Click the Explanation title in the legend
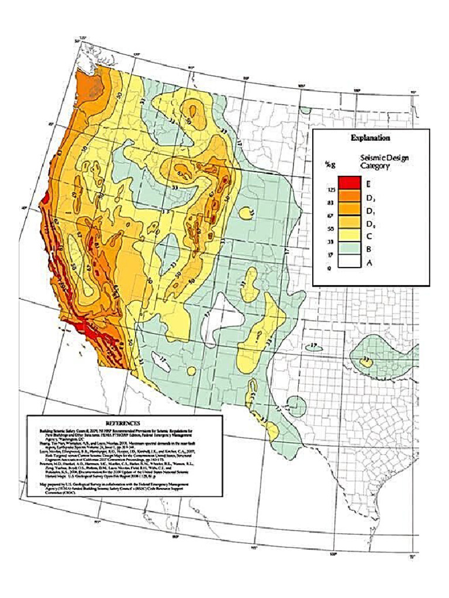click(371, 138)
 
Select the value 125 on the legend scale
click(330, 190)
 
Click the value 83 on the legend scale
click(331, 203)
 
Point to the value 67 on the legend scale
click(331, 216)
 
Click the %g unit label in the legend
click(330, 165)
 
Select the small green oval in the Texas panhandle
click(314, 347)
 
